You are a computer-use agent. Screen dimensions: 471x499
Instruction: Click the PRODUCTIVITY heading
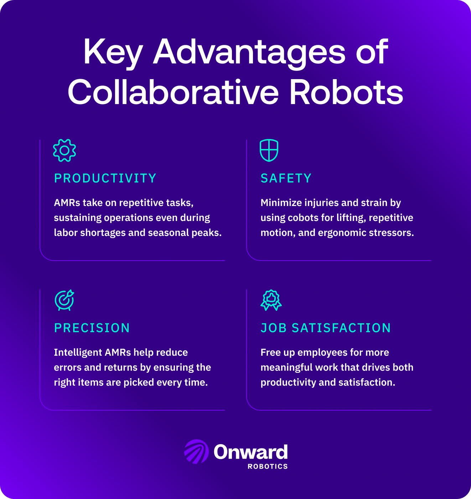tap(105, 179)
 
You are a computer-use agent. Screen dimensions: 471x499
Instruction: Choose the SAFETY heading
tap(286, 179)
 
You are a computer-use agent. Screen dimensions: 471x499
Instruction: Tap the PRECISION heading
tap(92, 328)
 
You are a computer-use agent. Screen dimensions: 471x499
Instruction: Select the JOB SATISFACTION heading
tap(326, 328)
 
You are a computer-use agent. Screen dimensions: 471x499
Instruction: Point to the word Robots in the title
tap(346, 92)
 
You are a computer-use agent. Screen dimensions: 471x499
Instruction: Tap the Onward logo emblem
tap(196, 452)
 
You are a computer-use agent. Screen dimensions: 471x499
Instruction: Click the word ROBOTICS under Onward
tap(268, 467)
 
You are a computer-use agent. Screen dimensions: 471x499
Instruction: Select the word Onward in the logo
tap(250, 452)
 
